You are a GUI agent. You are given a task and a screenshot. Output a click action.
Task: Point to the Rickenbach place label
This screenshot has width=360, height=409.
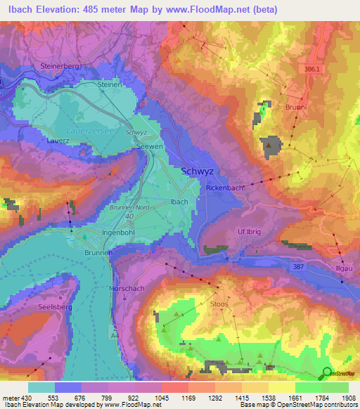pos(226,188)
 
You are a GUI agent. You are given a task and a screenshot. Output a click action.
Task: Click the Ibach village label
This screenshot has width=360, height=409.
pos(179,202)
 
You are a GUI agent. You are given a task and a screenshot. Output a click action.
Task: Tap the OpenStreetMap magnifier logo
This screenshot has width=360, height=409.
pos(328,373)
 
